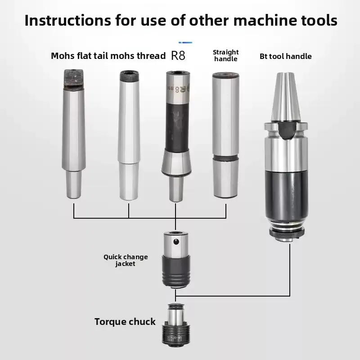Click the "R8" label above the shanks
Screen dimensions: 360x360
click(178, 55)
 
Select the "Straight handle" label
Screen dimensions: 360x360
click(226, 55)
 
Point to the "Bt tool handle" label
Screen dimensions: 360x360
click(286, 56)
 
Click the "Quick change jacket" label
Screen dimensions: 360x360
click(126, 260)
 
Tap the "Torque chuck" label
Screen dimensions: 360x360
click(125, 322)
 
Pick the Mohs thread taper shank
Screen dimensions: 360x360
click(129, 135)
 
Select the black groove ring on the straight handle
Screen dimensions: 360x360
click(226, 158)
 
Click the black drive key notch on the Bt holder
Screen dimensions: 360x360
click(286, 130)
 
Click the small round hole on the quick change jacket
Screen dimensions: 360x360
click(176, 242)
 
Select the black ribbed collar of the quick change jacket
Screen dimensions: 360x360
click(176, 270)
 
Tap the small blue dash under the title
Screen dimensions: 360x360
click(185, 42)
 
